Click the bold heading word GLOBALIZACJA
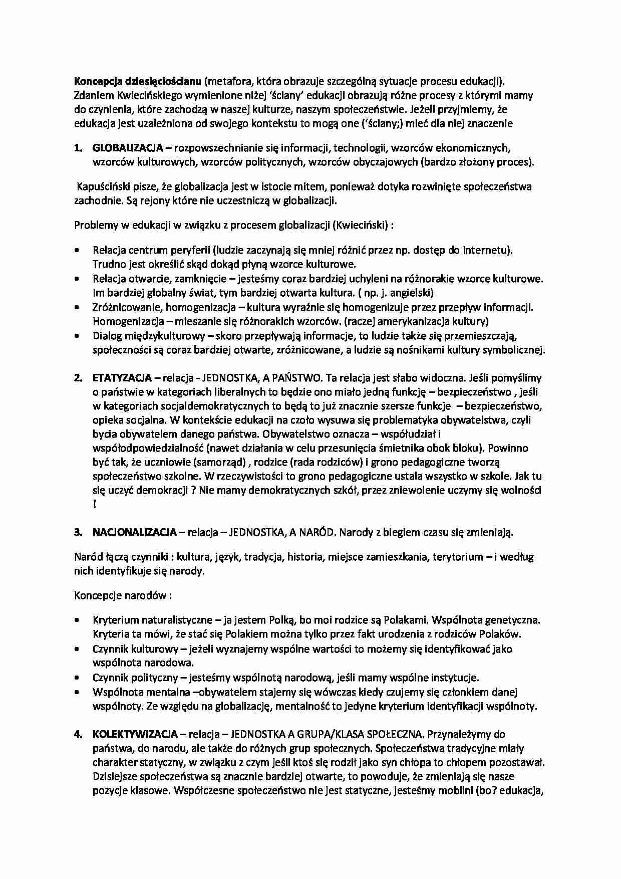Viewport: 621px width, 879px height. pos(128,148)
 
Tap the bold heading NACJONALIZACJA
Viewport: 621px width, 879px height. pos(135,532)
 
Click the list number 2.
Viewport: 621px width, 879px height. pos(78,378)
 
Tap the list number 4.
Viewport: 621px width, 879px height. pos(78,735)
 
